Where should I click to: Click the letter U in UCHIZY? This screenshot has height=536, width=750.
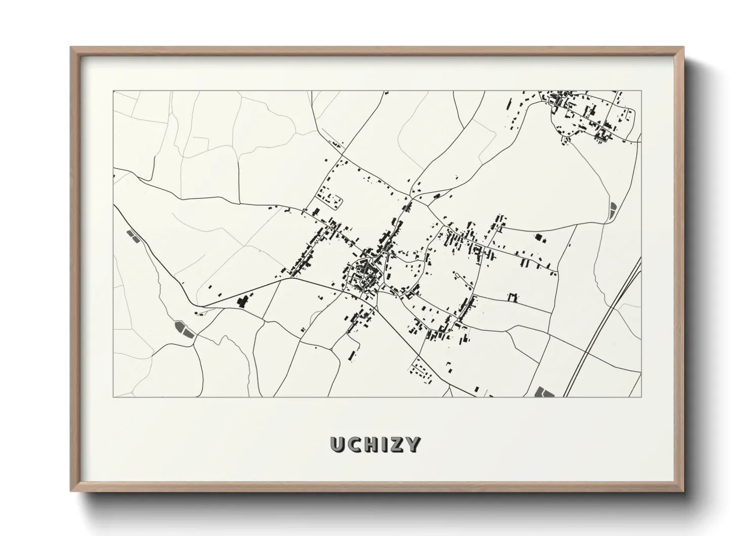point(338,444)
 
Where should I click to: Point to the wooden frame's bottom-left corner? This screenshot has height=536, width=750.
point(71,490)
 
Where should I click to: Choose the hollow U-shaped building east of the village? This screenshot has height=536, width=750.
point(513,297)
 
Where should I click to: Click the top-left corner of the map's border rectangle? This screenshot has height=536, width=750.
point(113,91)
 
